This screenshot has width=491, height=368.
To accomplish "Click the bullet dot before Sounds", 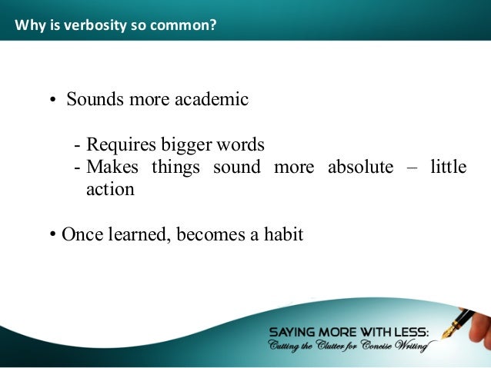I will pos(55,101).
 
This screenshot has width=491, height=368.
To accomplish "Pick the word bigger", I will pos(189,145).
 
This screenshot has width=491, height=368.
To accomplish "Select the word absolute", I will pos(360,167).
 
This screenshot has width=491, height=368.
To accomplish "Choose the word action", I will pos(109,189).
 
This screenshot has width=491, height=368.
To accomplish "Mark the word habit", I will pos(282,235).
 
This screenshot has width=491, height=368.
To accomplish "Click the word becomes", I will pos(210,235).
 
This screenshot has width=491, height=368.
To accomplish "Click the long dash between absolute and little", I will pos(412,167).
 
